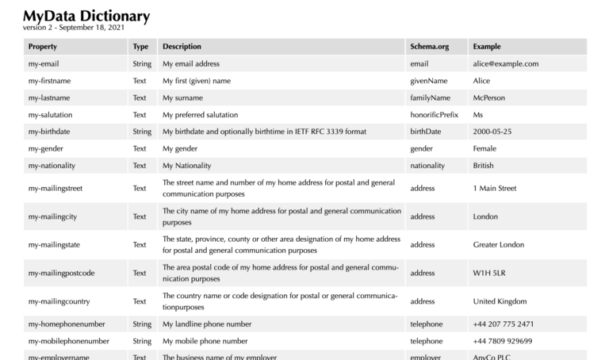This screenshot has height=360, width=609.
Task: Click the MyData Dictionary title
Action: [x=86, y=16]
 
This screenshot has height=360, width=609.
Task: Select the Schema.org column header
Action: [x=429, y=47]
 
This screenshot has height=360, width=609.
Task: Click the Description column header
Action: [x=182, y=47]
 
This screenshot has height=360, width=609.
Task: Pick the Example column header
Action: [x=486, y=47]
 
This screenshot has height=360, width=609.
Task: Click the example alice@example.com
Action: [x=505, y=63]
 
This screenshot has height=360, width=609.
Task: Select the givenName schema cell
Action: [x=428, y=81]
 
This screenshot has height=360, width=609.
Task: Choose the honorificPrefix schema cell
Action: [x=434, y=115]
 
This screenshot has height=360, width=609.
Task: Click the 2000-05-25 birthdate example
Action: [x=492, y=132]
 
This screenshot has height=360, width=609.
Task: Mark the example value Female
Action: [x=485, y=148]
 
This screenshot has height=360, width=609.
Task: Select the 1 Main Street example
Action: [x=494, y=188]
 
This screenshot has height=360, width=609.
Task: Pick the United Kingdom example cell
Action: [x=500, y=301]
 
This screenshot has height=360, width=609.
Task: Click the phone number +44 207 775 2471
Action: [x=503, y=324]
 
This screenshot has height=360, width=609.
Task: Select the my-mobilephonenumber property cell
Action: [x=68, y=341]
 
